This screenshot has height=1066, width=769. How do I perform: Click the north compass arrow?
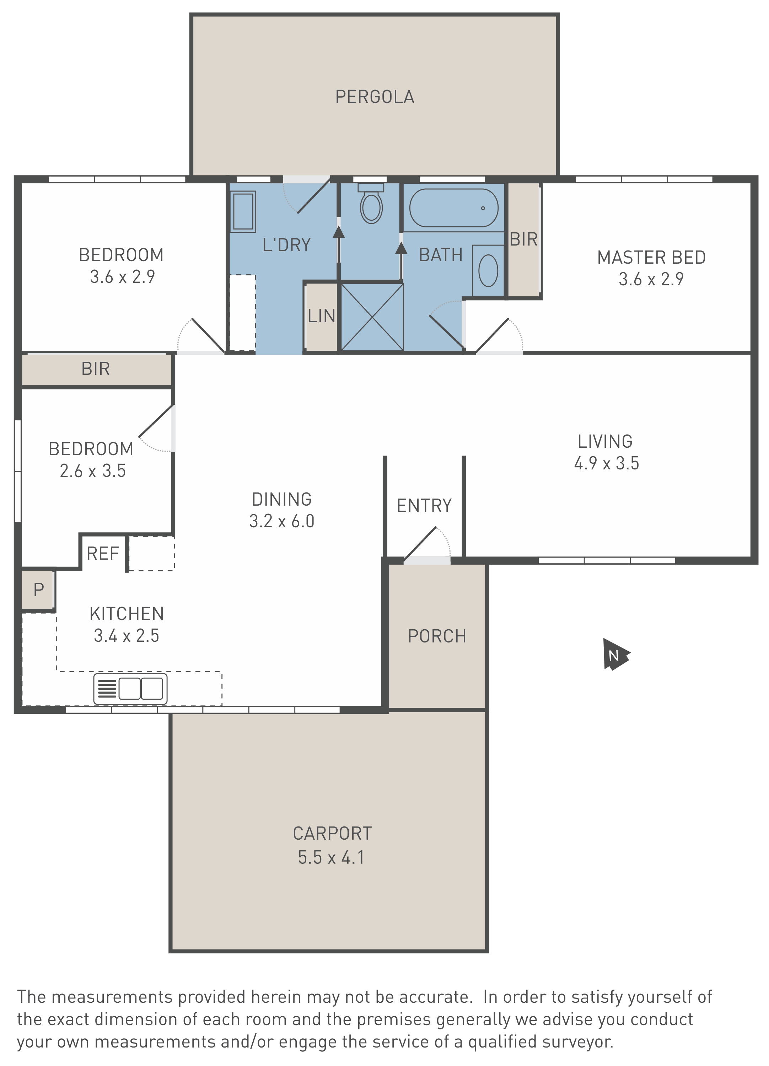[615, 654]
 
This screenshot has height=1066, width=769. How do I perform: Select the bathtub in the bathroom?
[453, 208]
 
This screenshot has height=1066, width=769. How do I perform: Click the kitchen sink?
[130, 689]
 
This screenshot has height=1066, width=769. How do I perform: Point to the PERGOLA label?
[375, 97]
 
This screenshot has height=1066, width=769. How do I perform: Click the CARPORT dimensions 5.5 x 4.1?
[331, 857]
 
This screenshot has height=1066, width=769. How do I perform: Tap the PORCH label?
[437, 636]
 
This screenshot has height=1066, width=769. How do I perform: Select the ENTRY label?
[424, 506]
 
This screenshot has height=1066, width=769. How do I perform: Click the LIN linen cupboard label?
[322, 316]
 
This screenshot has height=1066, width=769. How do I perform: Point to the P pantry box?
[38, 589]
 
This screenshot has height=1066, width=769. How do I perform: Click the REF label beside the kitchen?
[103, 553]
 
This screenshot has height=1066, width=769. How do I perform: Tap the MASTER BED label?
[651, 257]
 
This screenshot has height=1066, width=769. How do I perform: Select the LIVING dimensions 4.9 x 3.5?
[606, 463]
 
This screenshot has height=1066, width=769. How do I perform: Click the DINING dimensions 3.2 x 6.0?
[281, 521]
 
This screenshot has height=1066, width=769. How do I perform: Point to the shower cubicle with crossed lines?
[372, 317]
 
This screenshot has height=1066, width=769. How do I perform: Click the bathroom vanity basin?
[488, 271]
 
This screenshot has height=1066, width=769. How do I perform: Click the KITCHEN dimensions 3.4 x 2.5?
[127, 635]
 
